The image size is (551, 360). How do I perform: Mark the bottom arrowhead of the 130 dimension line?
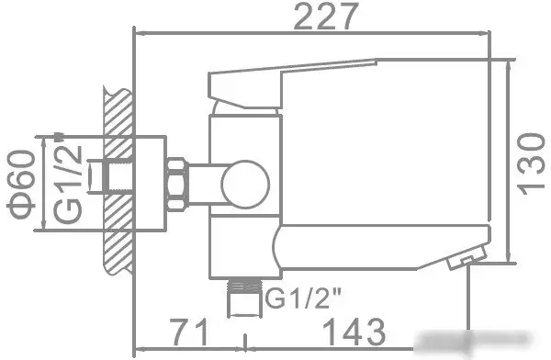point(512,261)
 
